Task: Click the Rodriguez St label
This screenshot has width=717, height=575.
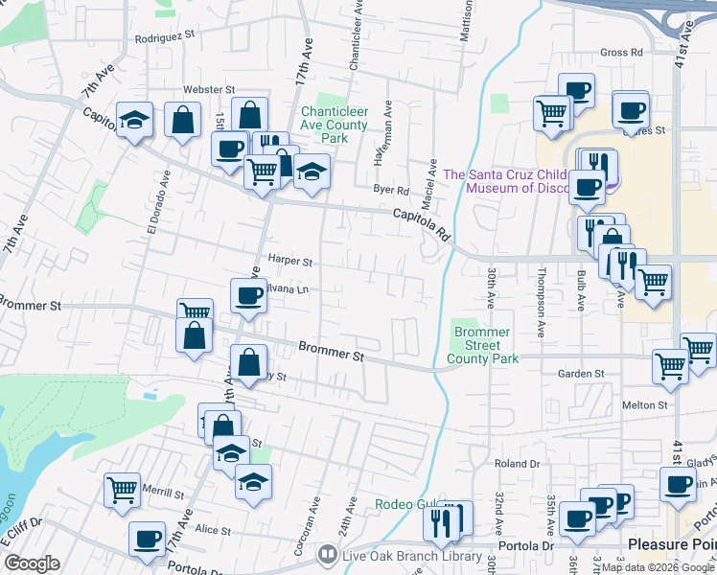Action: [x=164, y=34]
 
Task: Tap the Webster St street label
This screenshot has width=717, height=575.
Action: [x=202, y=88]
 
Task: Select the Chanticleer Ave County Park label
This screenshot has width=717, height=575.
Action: [x=334, y=125]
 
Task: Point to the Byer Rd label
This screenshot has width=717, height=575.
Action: [x=391, y=191]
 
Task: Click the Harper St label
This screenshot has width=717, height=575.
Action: [x=290, y=260]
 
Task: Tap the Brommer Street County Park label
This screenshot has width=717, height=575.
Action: [x=486, y=345]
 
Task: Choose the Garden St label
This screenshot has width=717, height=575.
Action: [x=587, y=374]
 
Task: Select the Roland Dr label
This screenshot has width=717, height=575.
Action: [x=518, y=463]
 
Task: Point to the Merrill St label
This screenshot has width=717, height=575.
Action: [x=164, y=494]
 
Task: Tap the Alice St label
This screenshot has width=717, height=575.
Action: [x=213, y=530]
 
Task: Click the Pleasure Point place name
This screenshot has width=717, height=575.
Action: [x=671, y=544]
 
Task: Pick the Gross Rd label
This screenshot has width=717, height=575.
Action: [x=621, y=53]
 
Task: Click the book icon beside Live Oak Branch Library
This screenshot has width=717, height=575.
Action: [x=327, y=555]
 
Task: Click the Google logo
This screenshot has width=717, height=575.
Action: [x=33, y=563]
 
